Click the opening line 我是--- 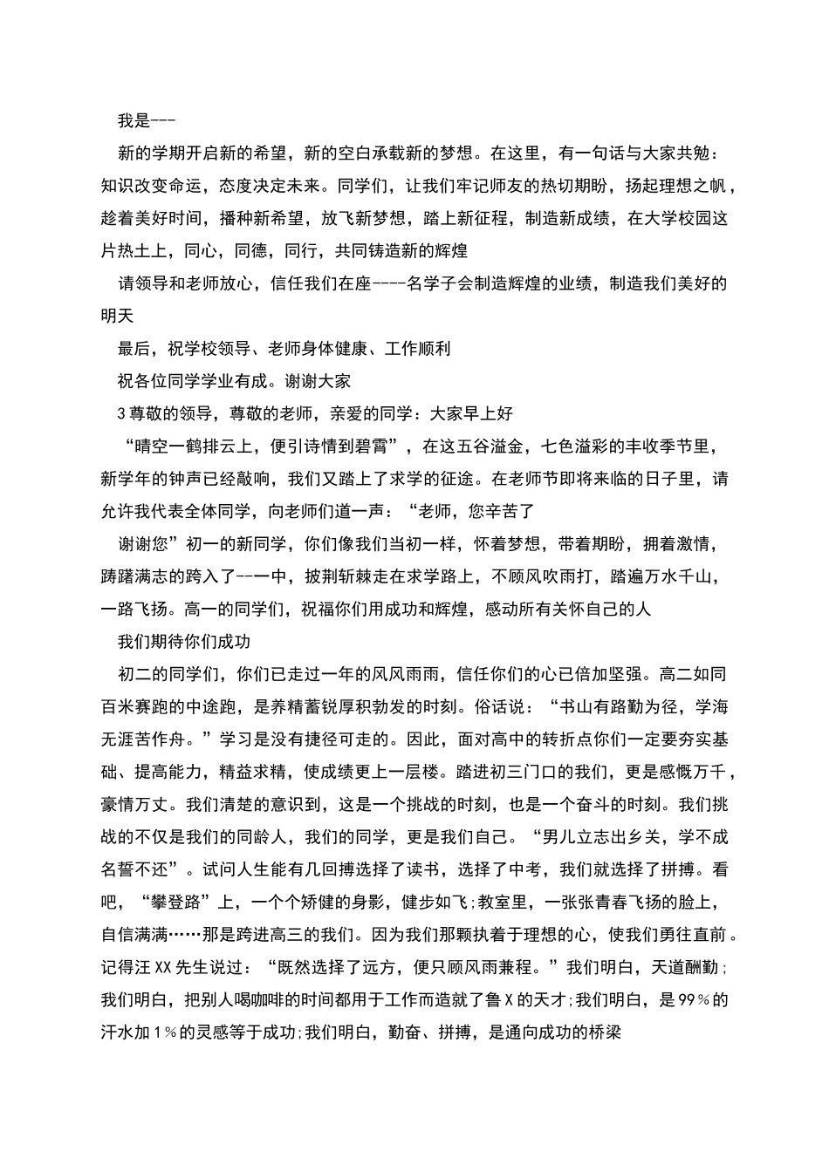[147, 121]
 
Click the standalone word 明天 [119, 316]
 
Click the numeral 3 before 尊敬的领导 [121, 413]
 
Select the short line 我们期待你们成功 [184, 641]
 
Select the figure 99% [696, 999]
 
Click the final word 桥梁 [603, 1032]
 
